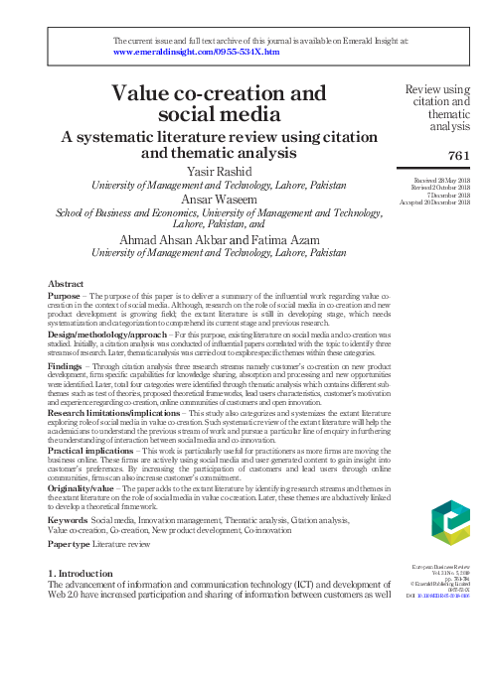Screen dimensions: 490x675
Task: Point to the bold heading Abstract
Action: (66, 282)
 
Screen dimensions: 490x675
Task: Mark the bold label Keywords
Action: (68, 519)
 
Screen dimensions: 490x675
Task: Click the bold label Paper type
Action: (71, 545)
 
